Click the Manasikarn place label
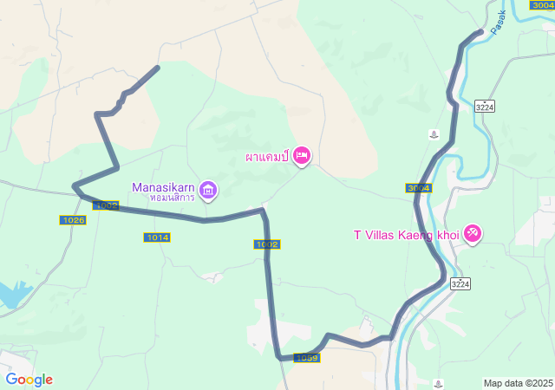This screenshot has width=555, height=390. point(164,186)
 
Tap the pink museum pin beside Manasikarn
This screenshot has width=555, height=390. point(208,190)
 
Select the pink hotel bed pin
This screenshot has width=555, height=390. point(301,156)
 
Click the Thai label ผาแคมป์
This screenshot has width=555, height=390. point(266,158)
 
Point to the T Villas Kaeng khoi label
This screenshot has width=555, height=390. point(406,234)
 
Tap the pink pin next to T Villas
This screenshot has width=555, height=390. point(473,233)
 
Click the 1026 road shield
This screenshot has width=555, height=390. point(73,220)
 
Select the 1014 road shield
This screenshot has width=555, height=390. point(158,237)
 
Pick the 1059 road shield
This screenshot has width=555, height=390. point(307,358)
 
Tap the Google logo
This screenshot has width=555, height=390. point(29,380)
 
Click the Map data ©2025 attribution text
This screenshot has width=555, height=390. point(518,383)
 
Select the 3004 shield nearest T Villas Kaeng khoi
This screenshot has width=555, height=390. point(418,188)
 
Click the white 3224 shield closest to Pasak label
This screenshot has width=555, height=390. point(485,107)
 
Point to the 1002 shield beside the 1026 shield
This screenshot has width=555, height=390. point(106,205)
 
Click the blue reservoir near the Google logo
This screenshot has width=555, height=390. point(10,295)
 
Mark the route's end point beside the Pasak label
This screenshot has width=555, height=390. point(480,33)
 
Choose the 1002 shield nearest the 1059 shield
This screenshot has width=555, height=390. point(268,244)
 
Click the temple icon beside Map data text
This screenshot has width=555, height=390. point(440,382)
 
